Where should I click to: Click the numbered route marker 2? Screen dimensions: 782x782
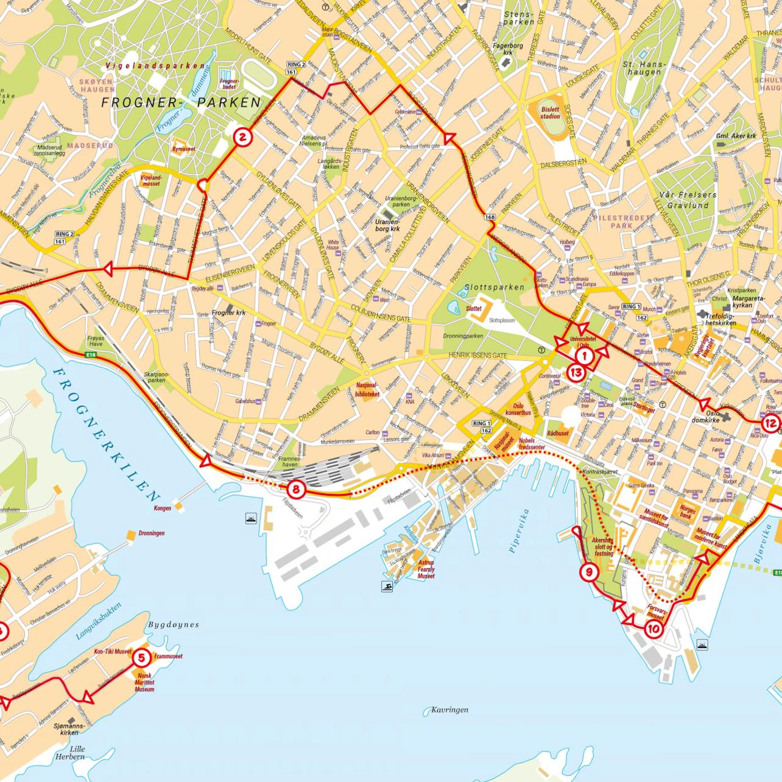[x=242, y=137]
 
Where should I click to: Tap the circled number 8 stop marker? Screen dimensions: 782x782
[x=296, y=488]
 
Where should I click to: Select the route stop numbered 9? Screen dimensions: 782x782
[x=588, y=572]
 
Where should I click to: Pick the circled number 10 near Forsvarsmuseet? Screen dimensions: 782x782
[x=653, y=629]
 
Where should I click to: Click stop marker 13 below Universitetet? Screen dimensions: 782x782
[x=576, y=372]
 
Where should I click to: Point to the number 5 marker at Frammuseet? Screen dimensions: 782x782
[x=141, y=657]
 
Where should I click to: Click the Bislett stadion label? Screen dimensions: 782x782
[x=550, y=113]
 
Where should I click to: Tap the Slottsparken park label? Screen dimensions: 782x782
[x=494, y=287]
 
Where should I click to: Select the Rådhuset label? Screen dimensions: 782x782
[x=557, y=434]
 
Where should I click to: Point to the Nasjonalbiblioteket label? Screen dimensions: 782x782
[x=367, y=390]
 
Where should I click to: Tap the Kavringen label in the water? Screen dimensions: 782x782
[x=449, y=710]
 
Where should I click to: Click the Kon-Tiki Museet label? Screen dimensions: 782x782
[x=113, y=651]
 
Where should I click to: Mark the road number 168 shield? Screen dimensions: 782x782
[x=490, y=217]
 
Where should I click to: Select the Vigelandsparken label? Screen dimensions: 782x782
[x=155, y=65]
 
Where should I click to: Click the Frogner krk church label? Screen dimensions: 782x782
[x=228, y=313]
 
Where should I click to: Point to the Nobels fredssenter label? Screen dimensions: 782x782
[x=531, y=443]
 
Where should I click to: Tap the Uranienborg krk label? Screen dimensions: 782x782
[x=387, y=226]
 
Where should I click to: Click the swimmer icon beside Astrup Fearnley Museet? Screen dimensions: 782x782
[x=387, y=586]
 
